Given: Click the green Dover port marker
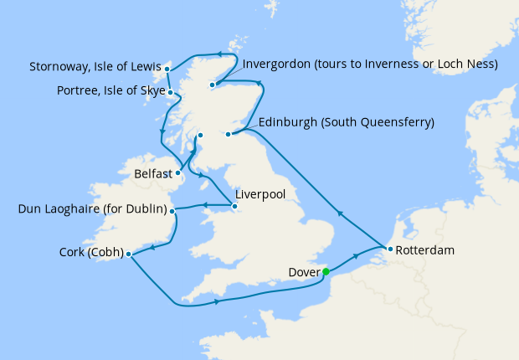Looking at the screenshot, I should pos(326,271).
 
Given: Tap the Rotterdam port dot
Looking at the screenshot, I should pos(390,249).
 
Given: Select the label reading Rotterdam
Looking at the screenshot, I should pos(427,249).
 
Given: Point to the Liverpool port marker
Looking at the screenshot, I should pos(232,203).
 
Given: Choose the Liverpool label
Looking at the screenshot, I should pos(260,193).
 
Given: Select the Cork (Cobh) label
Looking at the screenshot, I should pos(91,252).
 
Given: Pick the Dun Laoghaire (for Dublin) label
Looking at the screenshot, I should pos(92,209).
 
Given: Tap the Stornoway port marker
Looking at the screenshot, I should pos(167,69).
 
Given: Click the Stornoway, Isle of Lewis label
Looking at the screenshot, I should pos(94,66).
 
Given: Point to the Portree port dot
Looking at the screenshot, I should pos(171,92).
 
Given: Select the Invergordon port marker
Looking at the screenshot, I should pos(213,85).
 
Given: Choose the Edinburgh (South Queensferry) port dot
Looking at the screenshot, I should pos(228,134).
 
